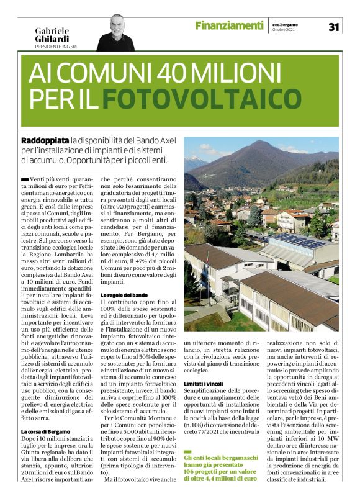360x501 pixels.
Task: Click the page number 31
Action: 333,27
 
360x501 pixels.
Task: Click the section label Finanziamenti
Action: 229,25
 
